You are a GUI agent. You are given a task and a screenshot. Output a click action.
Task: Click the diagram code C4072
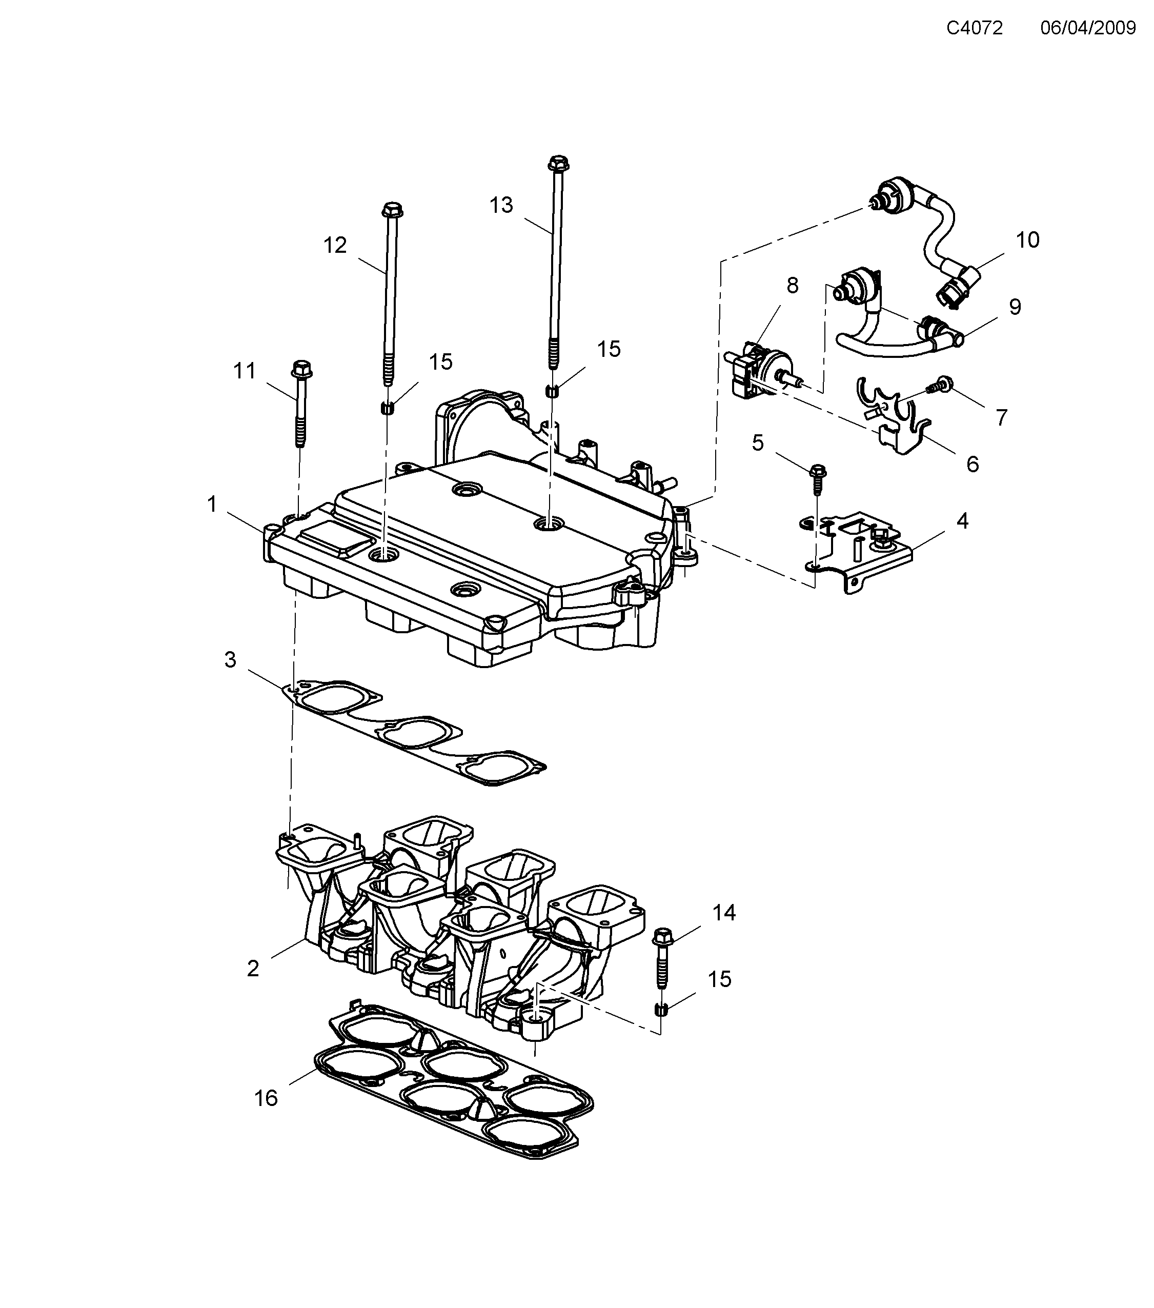coord(974,28)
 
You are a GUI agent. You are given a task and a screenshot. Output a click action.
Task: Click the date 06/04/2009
coord(1087,28)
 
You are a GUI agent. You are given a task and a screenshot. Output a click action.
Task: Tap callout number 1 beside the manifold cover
coord(212,504)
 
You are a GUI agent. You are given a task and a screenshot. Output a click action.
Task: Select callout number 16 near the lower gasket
coord(266,1099)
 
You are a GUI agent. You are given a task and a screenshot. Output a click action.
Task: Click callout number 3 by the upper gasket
coord(230,660)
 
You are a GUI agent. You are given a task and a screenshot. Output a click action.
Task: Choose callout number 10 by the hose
coord(1027,240)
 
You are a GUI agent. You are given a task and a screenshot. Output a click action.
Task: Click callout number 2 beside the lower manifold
coord(253,969)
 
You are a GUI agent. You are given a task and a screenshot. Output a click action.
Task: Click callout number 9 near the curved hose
coord(1015,307)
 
